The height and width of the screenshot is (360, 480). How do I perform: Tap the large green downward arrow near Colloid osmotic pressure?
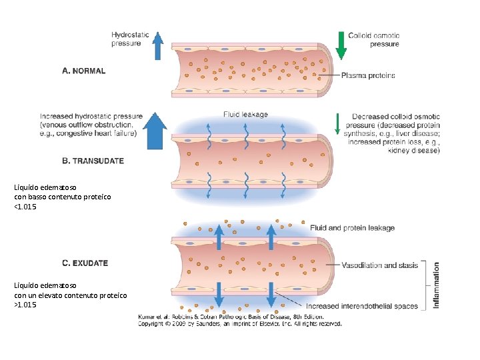click(x=341, y=45)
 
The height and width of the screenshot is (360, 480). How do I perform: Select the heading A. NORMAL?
click(x=83, y=71)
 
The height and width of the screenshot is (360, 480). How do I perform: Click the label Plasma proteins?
click(x=368, y=75)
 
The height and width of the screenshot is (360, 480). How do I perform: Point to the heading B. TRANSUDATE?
click(x=93, y=161)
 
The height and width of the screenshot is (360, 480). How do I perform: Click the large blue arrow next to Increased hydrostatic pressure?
click(x=155, y=131)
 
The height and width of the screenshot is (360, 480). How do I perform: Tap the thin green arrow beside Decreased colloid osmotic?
click(x=337, y=123)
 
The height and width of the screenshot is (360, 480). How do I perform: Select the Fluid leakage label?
click(x=245, y=114)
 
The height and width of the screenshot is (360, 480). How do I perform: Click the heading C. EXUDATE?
click(x=85, y=263)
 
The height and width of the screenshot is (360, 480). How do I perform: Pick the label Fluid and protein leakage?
click(x=352, y=228)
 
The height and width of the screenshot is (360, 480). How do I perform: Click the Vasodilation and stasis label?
click(x=379, y=265)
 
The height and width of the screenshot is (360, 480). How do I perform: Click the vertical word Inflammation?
click(x=437, y=285)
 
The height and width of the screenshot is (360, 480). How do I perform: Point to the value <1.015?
click(x=25, y=207)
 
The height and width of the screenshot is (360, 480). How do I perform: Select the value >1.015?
click(x=25, y=305)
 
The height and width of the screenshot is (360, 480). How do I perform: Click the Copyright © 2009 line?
click(x=240, y=324)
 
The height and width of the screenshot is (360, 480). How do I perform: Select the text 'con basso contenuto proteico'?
click(x=63, y=197)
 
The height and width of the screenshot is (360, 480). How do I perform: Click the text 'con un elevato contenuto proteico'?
click(x=71, y=295)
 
